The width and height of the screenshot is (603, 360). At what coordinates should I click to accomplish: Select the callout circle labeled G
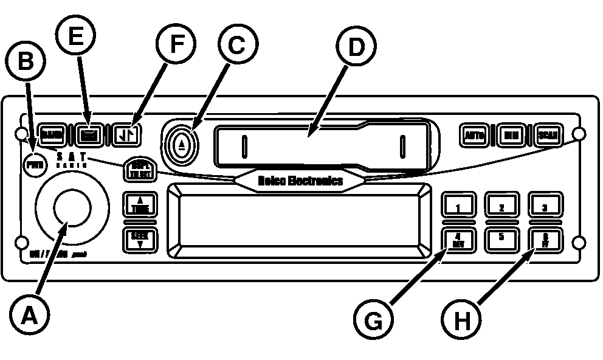point(373,317)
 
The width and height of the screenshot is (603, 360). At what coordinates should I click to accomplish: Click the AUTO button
point(474,135)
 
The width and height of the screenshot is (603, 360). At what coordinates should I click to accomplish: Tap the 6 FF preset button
point(545,240)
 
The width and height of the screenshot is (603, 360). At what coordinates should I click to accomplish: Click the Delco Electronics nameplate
point(300,181)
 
